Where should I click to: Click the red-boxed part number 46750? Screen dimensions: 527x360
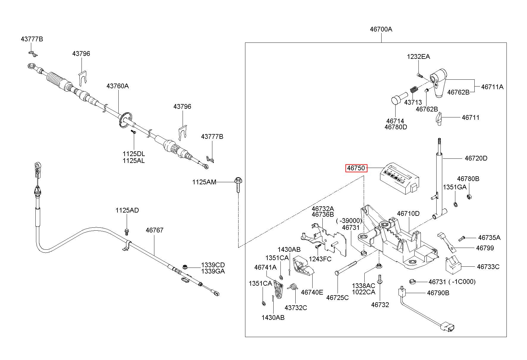(x=356, y=168)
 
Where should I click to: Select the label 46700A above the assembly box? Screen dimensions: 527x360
(x=381, y=29)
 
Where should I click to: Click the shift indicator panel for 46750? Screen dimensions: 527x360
(x=399, y=178)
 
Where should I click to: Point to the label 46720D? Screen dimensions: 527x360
(x=476, y=158)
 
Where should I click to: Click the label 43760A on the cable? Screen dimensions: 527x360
(x=118, y=86)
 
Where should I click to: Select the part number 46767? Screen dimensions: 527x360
(x=154, y=230)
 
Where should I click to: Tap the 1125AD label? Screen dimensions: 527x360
(x=127, y=210)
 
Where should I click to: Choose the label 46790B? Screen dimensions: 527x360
(x=438, y=293)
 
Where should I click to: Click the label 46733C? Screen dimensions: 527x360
(x=488, y=267)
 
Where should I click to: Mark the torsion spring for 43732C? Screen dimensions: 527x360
(x=293, y=287)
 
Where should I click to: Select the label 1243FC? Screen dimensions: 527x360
(x=320, y=259)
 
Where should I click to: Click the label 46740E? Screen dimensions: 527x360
(x=312, y=292)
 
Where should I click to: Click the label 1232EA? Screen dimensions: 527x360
(x=418, y=57)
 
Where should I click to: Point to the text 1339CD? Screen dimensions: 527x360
(x=213, y=265)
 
